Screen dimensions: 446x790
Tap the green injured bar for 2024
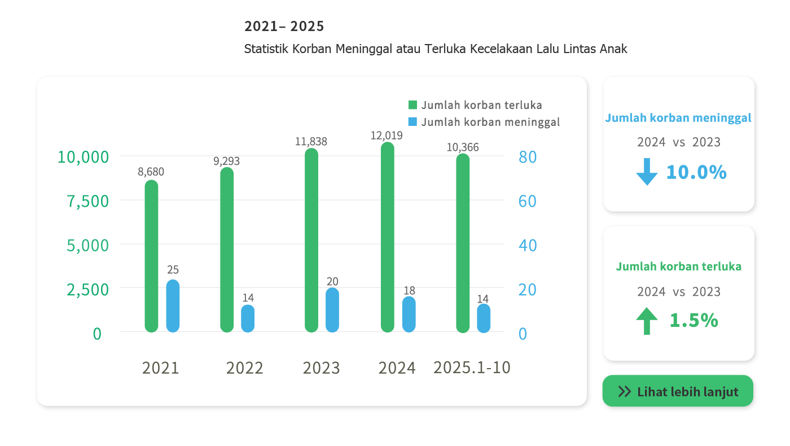[387, 237]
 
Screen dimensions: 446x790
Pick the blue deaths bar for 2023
[332, 310]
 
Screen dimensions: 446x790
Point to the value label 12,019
[387, 135]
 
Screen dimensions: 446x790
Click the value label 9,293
[226, 161]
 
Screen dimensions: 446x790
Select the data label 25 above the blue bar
[173, 270]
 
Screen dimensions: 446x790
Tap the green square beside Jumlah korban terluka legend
[412, 105]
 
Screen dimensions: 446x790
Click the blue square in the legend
[412, 122]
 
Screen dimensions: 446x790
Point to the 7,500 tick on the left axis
[88, 201]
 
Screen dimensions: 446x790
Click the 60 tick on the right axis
[527, 201]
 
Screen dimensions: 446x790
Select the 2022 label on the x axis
[244, 368]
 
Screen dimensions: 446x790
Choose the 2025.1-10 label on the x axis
[472, 368]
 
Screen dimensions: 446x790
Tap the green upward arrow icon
[647, 321]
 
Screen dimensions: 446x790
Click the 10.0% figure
[696, 172]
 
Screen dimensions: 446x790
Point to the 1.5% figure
[694, 320]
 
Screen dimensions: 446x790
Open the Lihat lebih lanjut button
[678, 391]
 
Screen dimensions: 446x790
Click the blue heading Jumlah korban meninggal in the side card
[678, 118]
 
